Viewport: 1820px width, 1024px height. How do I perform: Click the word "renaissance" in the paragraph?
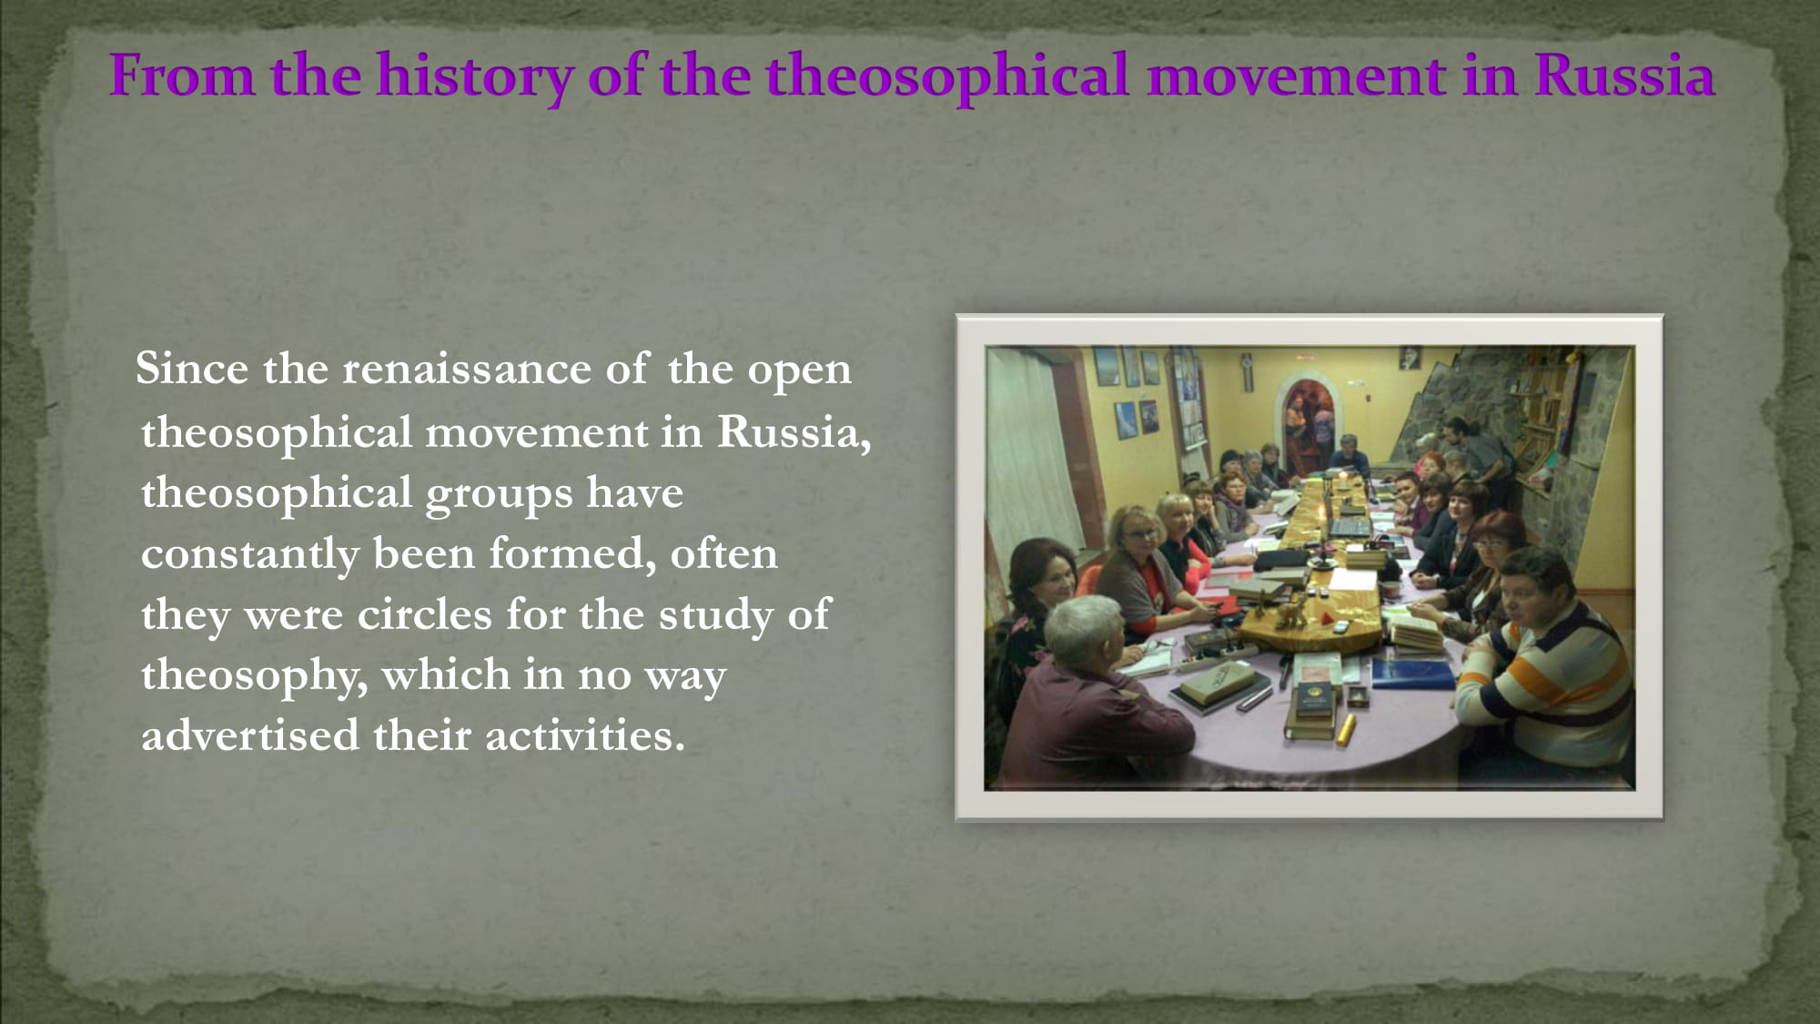coord(467,369)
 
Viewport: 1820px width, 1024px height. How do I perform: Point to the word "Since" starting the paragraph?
coord(192,369)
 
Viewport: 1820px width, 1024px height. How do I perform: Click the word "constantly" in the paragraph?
coord(250,554)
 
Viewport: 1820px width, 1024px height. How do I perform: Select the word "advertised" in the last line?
coord(250,735)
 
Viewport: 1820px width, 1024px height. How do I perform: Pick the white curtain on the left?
coord(1033,455)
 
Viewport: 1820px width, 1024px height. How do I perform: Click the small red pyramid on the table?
coord(1339,627)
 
